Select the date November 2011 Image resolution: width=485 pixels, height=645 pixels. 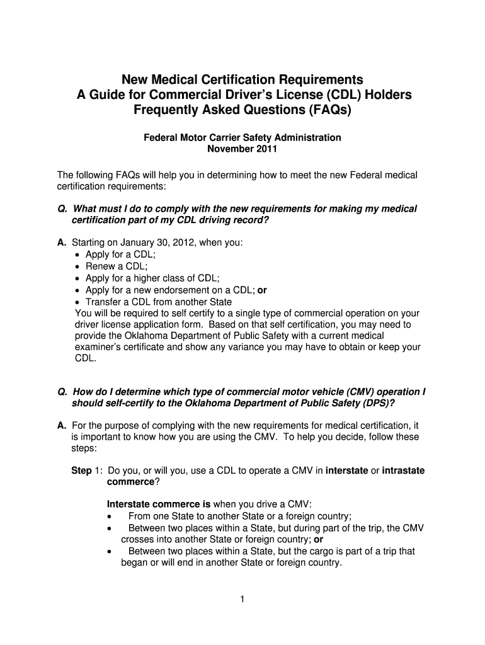tap(242, 149)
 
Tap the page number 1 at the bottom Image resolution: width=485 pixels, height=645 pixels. tap(242, 599)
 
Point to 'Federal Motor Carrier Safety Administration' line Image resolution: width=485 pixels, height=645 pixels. tap(242, 137)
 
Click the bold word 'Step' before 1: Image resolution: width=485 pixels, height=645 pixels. tap(81, 470)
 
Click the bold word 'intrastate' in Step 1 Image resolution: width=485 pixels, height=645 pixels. tap(404, 470)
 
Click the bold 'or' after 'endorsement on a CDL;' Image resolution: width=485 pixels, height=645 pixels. tap(263, 290)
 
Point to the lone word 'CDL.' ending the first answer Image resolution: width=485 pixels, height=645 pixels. tap(86, 358)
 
